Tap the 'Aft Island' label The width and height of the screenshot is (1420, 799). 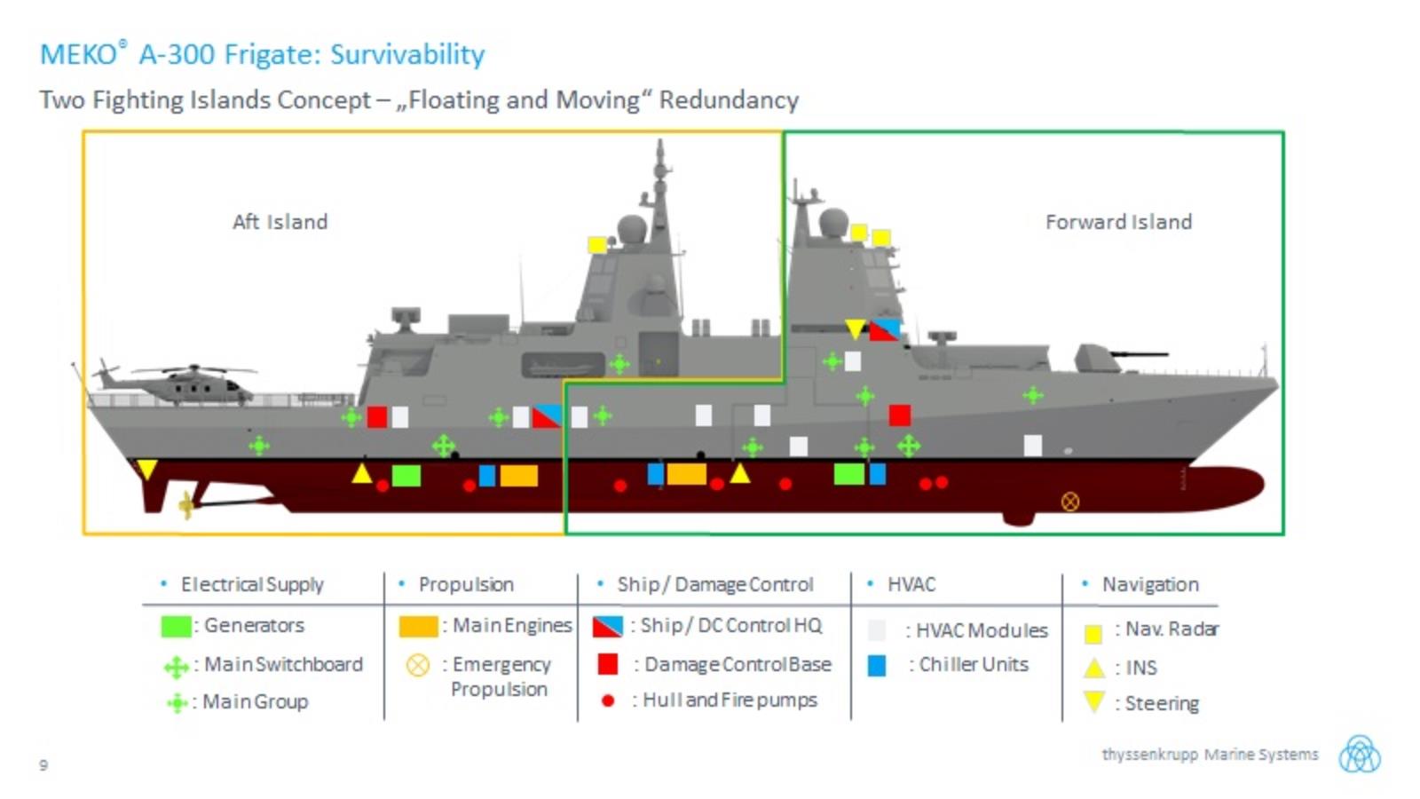[280, 222]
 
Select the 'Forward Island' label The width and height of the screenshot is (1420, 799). [1118, 222]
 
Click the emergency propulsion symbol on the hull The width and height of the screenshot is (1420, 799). [1070, 502]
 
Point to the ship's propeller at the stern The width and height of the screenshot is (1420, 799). [186, 505]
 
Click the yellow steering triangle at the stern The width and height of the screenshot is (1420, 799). [146, 469]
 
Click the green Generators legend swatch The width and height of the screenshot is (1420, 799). [176, 626]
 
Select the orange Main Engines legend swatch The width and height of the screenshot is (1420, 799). [418, 626]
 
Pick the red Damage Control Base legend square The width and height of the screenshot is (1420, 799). [608, 664]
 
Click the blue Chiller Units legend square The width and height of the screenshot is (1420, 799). [877, 665]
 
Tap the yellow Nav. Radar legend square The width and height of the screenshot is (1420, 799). [1093, 633]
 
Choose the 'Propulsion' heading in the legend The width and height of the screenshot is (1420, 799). [466, 584]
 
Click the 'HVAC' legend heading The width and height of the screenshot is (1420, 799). [911, 584]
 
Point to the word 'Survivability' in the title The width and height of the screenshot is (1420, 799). [407, 55]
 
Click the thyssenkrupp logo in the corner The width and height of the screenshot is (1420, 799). [1359, 754]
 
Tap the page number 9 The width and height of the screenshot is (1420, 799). [43, 764]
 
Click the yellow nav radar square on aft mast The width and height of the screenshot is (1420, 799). [597, 244]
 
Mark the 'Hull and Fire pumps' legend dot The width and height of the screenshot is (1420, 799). [608, 700]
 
